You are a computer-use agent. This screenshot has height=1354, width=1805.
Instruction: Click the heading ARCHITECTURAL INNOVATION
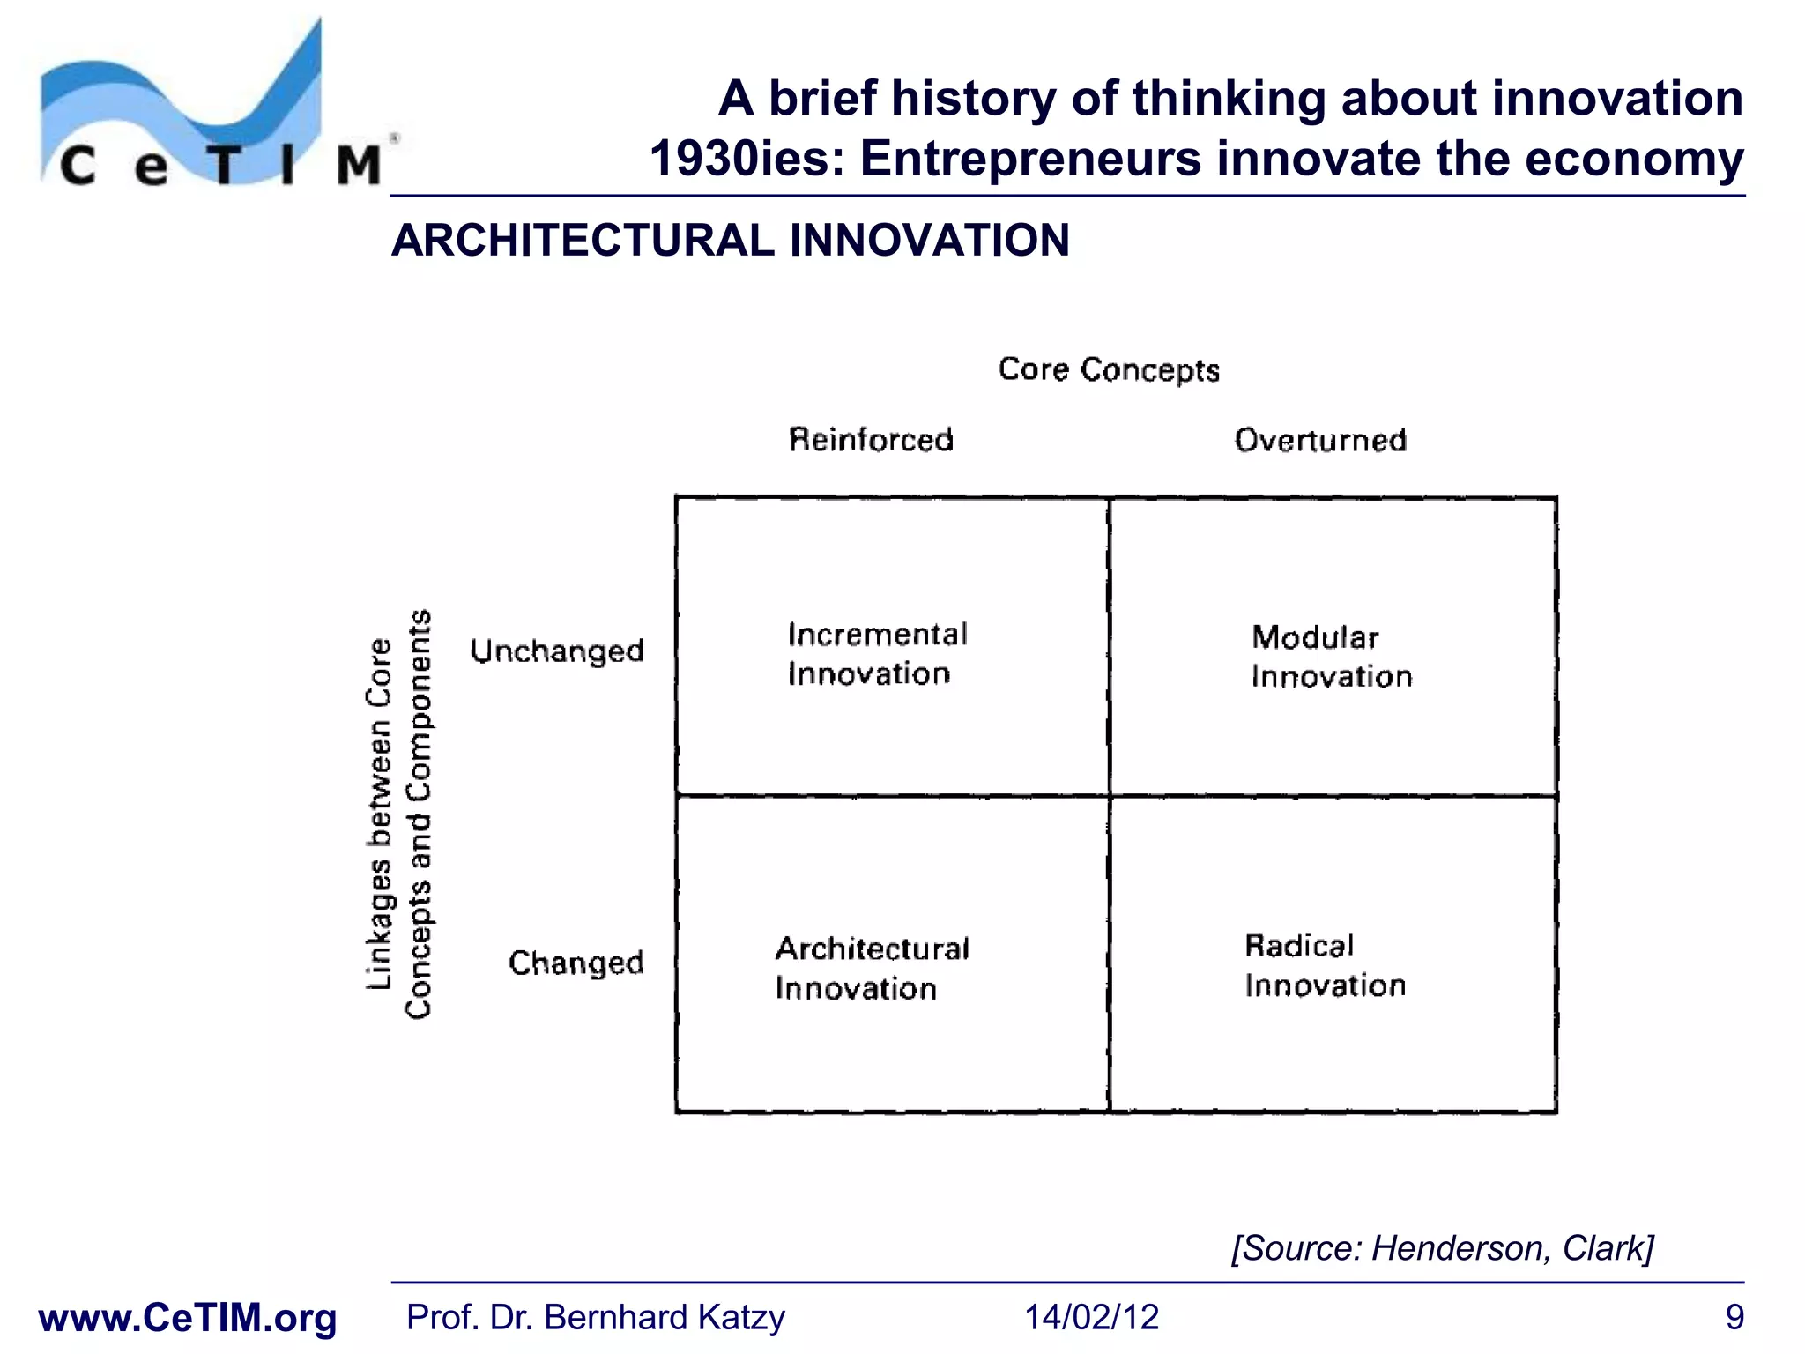pos(730,241)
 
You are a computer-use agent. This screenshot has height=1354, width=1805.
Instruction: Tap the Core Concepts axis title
pos(1108,369)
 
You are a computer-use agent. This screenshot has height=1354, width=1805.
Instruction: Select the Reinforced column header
pos(871,439)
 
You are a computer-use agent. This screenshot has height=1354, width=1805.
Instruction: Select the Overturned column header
pos(1319,440)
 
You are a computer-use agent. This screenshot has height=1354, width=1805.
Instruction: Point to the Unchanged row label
pos(557,651)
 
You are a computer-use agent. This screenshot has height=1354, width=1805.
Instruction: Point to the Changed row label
pos(576,963)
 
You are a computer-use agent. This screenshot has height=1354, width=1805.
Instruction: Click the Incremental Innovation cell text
pos(876,654)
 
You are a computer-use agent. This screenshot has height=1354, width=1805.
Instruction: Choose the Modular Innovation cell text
pos(1331,657)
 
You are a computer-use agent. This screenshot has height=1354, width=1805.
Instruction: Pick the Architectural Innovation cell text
pos(871,968)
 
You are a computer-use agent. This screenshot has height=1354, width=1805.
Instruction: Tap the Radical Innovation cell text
pos(1325,965)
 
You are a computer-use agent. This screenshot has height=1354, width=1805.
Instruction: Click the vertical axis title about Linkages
pos(398,815)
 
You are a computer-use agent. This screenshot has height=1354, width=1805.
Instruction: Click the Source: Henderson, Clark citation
pos(1442,1248)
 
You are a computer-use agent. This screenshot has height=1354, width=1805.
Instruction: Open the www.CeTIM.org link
pos(188,1318)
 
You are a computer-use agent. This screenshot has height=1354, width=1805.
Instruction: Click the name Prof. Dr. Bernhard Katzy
pos(595,1318)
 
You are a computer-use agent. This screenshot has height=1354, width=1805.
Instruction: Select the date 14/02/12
pos(1091,1318)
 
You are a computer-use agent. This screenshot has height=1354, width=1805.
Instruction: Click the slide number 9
pos(1734,1318)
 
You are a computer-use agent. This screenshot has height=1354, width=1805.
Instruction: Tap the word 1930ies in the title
pos(747,160)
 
